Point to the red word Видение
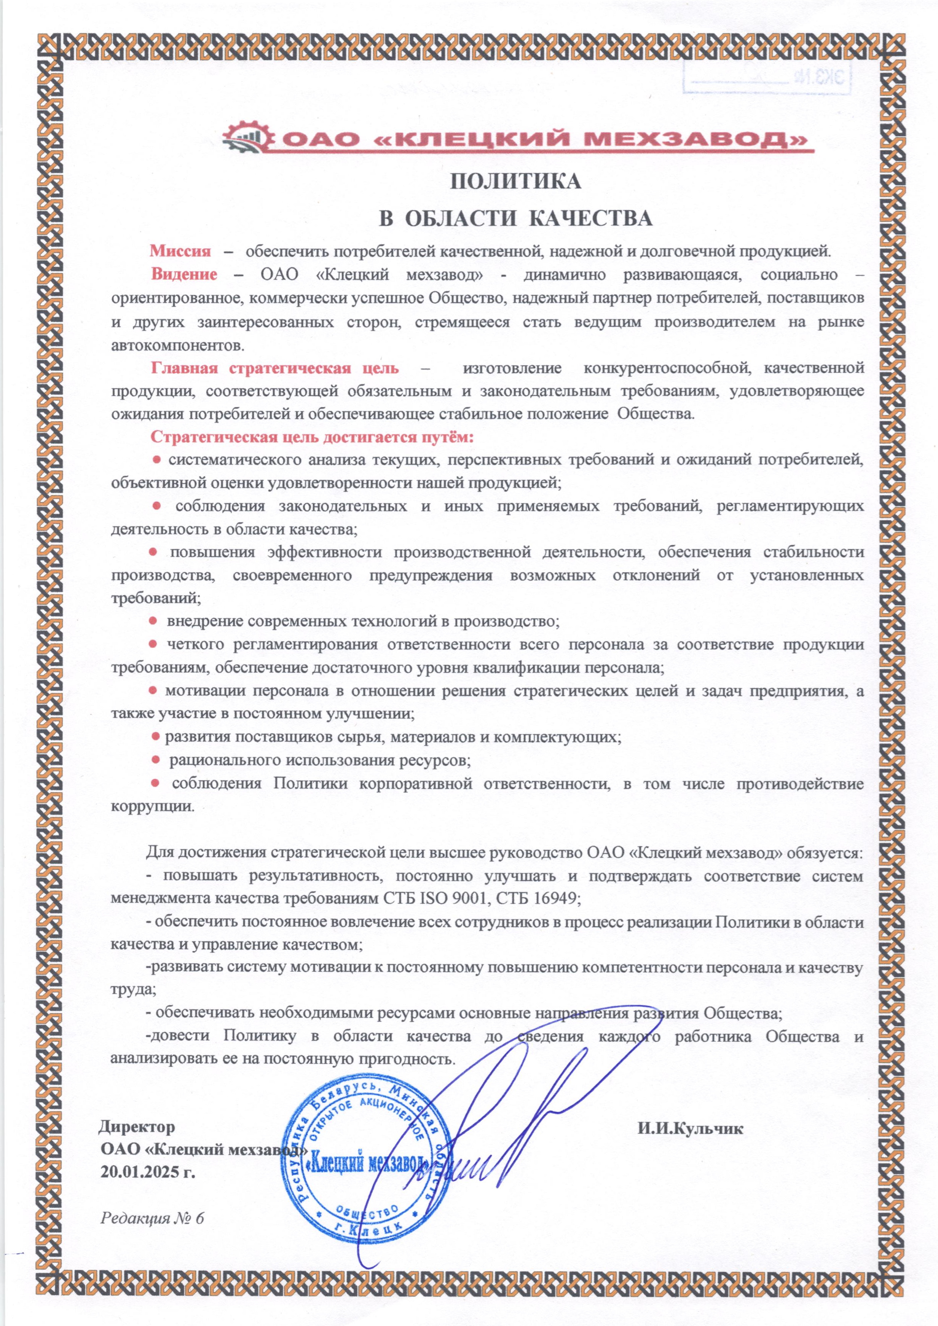184,274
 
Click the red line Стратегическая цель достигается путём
312,437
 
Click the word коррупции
152,806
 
